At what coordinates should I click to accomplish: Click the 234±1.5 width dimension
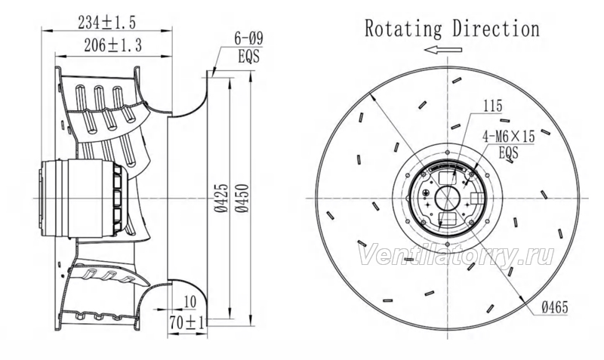(x=106, y=23)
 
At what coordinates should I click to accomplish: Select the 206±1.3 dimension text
(x=112, y=45)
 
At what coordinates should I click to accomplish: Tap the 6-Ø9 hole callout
(x=248, y=39)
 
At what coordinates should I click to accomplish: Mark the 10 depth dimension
(x=190, y=302)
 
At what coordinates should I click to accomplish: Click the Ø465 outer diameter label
(x=554, y=307)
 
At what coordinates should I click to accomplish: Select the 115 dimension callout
(x=493, y=106)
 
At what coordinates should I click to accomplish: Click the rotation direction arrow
(x=443, y=50)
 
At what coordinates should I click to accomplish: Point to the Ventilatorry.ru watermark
(x=457, y=255)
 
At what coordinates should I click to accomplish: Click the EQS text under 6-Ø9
(x=249, y=57)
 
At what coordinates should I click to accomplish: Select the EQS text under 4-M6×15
(x=508, y=152)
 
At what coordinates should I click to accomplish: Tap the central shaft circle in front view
(x=447, y=198)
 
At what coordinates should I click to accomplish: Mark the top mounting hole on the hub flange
(x=447, y=152)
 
